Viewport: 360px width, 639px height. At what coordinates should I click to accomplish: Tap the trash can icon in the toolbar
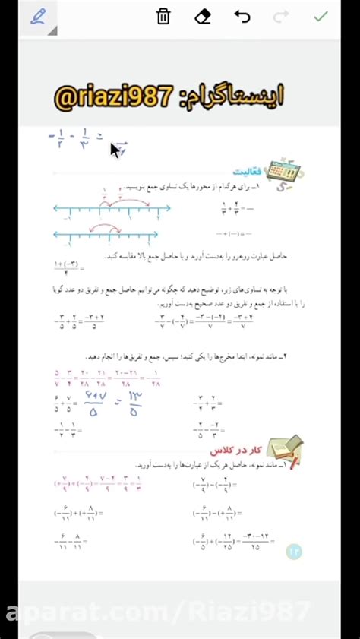pos(163,17)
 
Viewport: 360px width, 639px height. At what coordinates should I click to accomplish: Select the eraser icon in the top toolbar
pos(203,17)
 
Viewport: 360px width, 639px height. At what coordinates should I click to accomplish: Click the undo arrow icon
pos(242,17)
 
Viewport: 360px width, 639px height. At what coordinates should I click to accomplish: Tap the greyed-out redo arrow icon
pos(281,17)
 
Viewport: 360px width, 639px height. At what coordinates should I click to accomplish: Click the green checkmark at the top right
pos(321,17)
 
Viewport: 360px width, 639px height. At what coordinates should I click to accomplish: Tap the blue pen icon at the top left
pos(38,17)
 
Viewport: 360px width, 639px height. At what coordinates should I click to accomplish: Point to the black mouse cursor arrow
pos(115,150)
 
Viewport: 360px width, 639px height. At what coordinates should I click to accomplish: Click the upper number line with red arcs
pos(106,207)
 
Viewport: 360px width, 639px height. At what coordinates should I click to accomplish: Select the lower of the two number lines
pos(106,234)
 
